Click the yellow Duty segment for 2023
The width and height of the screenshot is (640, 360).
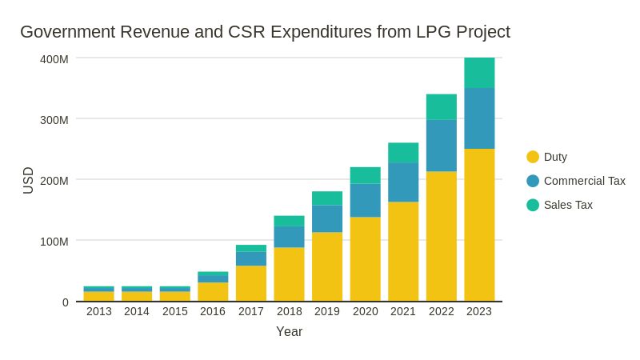coord(479,225)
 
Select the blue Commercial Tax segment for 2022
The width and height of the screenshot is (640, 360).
coord(442,146)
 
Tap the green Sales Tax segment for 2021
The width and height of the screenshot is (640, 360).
coord(403,153)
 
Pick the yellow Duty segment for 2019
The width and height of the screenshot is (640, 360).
coord(327,266)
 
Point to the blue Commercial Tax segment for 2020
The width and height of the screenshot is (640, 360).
coord(366,200)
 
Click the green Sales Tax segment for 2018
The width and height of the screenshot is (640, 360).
coord(290,221)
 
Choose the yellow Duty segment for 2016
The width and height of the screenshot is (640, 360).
coord(213,291)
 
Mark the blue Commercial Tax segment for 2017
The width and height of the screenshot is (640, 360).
coord(251,258)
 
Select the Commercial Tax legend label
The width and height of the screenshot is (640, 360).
coord(584,181)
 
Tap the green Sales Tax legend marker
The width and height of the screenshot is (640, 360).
coord(533,205)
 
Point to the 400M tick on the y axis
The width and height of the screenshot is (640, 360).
coord(54,59)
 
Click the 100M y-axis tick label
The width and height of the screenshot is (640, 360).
coord(54,242)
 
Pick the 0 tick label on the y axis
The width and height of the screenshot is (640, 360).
coord(66,302)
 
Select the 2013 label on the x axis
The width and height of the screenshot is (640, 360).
coord(99,311)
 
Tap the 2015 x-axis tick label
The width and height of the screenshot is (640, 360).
coord(175,311)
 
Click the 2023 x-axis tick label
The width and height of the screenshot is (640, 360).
coord(479,311)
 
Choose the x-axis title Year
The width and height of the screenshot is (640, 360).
coord(289,331)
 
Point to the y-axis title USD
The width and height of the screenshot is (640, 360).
coord(29,180)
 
